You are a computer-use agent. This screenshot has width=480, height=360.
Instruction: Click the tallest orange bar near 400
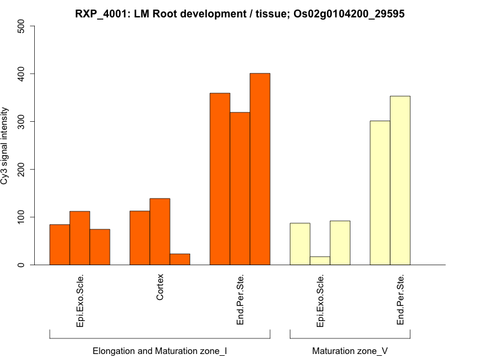coord(260,169)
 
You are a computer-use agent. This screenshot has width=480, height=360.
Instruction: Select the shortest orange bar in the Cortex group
coord(180,259)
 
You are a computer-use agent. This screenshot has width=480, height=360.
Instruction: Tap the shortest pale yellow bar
coord(320,260)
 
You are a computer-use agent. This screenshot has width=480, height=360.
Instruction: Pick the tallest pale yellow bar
coord(400,180)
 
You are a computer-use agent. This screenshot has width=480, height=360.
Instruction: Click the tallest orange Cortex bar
coord(160,232)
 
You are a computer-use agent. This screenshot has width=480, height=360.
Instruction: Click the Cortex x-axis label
coord(160,287)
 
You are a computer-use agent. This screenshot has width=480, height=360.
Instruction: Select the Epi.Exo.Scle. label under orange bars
coord(80,301)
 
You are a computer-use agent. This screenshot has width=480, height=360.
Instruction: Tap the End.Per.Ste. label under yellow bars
coord(400,300)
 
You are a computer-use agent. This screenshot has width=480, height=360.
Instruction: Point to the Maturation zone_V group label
coord(350,350)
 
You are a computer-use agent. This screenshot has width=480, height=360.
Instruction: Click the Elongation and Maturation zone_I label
coord(160,350)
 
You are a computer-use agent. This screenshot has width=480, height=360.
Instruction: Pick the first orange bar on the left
coord(59,244)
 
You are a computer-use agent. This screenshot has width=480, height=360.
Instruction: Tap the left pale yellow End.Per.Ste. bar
coord(380,193)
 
